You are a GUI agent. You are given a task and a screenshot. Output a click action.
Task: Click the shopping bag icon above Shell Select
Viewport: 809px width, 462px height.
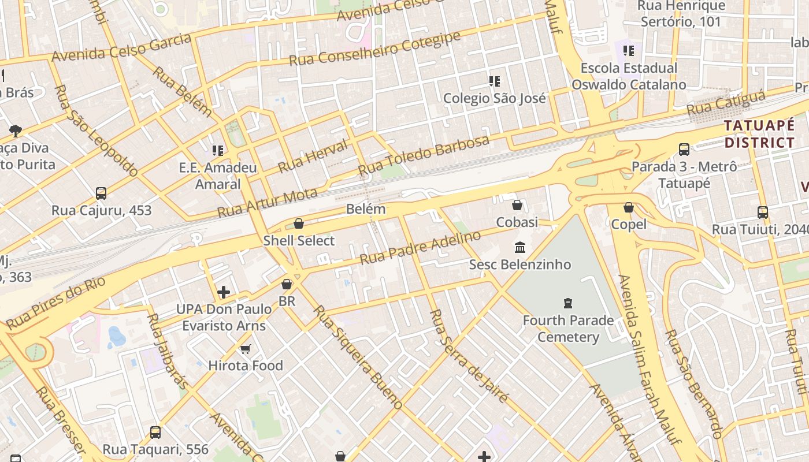[299, 223]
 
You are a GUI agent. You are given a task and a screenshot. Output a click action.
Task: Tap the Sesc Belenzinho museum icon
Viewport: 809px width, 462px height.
[519, 248]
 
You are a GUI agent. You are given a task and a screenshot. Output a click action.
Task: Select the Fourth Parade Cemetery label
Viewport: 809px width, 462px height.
[568, 329]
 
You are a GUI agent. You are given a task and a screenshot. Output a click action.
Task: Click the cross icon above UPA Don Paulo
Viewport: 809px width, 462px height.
[224, 292]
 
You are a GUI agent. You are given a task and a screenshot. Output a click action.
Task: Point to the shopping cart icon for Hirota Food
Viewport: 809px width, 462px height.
[246, 349]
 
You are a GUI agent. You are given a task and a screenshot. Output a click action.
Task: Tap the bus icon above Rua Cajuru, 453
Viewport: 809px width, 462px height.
[101, 193]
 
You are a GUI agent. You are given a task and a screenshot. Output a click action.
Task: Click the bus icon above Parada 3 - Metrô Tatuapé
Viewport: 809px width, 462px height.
[684, 150]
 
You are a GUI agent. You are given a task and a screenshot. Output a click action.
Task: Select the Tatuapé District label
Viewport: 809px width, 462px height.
[759, 134]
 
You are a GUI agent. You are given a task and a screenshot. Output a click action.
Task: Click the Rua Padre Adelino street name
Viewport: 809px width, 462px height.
[420, 248]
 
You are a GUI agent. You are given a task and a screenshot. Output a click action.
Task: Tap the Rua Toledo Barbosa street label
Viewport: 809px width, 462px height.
[424, 155]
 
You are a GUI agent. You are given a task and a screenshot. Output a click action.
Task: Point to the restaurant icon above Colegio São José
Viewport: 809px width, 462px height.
[495, 81]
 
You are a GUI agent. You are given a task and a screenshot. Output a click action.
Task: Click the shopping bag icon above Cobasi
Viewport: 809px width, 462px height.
[517, 205]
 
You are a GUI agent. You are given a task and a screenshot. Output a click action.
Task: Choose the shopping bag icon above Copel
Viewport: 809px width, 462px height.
[629, 207]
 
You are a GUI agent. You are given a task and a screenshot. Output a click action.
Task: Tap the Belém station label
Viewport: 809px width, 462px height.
[366, 209]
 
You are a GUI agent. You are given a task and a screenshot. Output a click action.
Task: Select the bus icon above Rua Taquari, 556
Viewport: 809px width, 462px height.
[155, 432]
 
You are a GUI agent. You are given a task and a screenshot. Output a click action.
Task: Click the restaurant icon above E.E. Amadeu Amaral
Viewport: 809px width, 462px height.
[218, 151]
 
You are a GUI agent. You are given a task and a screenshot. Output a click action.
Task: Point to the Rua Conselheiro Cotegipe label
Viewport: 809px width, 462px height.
[374, 49]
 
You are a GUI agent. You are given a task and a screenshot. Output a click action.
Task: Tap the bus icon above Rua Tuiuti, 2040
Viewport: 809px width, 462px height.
[762, 212]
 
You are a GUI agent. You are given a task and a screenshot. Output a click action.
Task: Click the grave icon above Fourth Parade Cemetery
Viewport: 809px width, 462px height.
[568, 303]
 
